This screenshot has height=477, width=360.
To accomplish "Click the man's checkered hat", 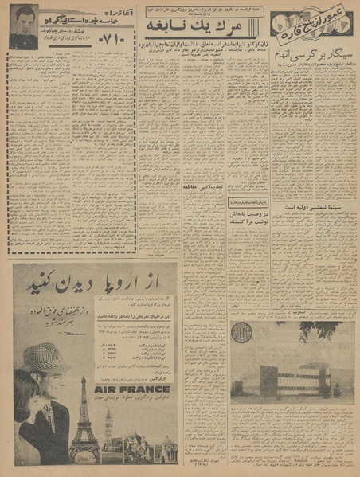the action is coord(47,358).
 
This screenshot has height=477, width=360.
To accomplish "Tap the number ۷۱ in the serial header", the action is coord(115,37).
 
